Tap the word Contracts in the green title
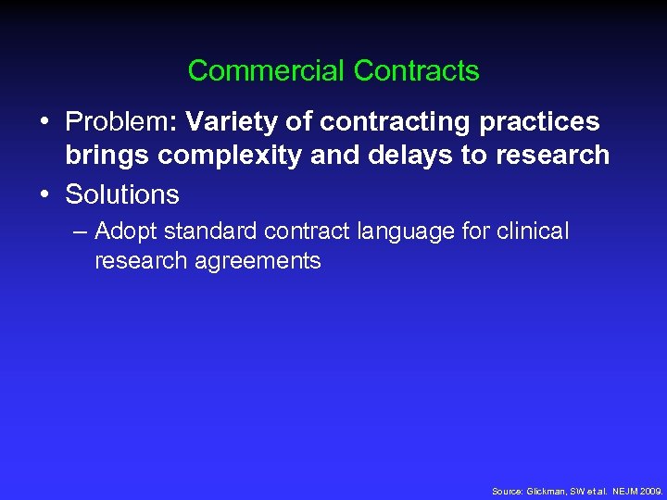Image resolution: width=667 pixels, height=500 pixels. click(x=417, y=70)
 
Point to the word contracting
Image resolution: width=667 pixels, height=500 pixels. click(x=384, y=121)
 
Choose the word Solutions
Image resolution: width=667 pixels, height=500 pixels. click(x=121, y=194)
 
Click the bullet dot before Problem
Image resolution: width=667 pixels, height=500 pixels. click(x=44, y=121)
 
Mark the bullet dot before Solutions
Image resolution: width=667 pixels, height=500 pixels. click(x=44, y=194)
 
